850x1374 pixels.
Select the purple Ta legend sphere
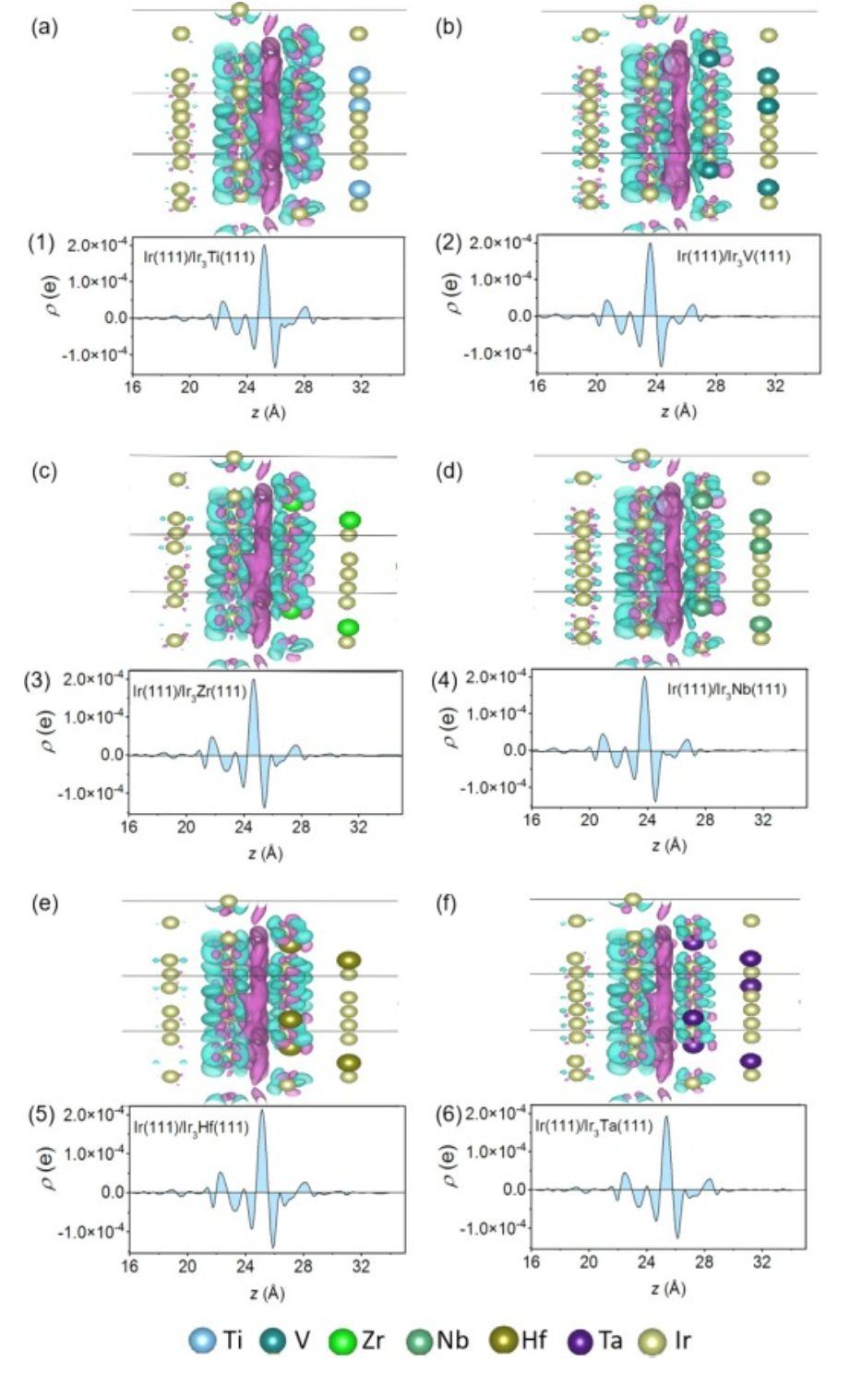[x=582, y=1341]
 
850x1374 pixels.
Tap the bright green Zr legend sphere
[x=342, y=1341]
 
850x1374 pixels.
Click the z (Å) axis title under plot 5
[x=266, y=1294]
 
